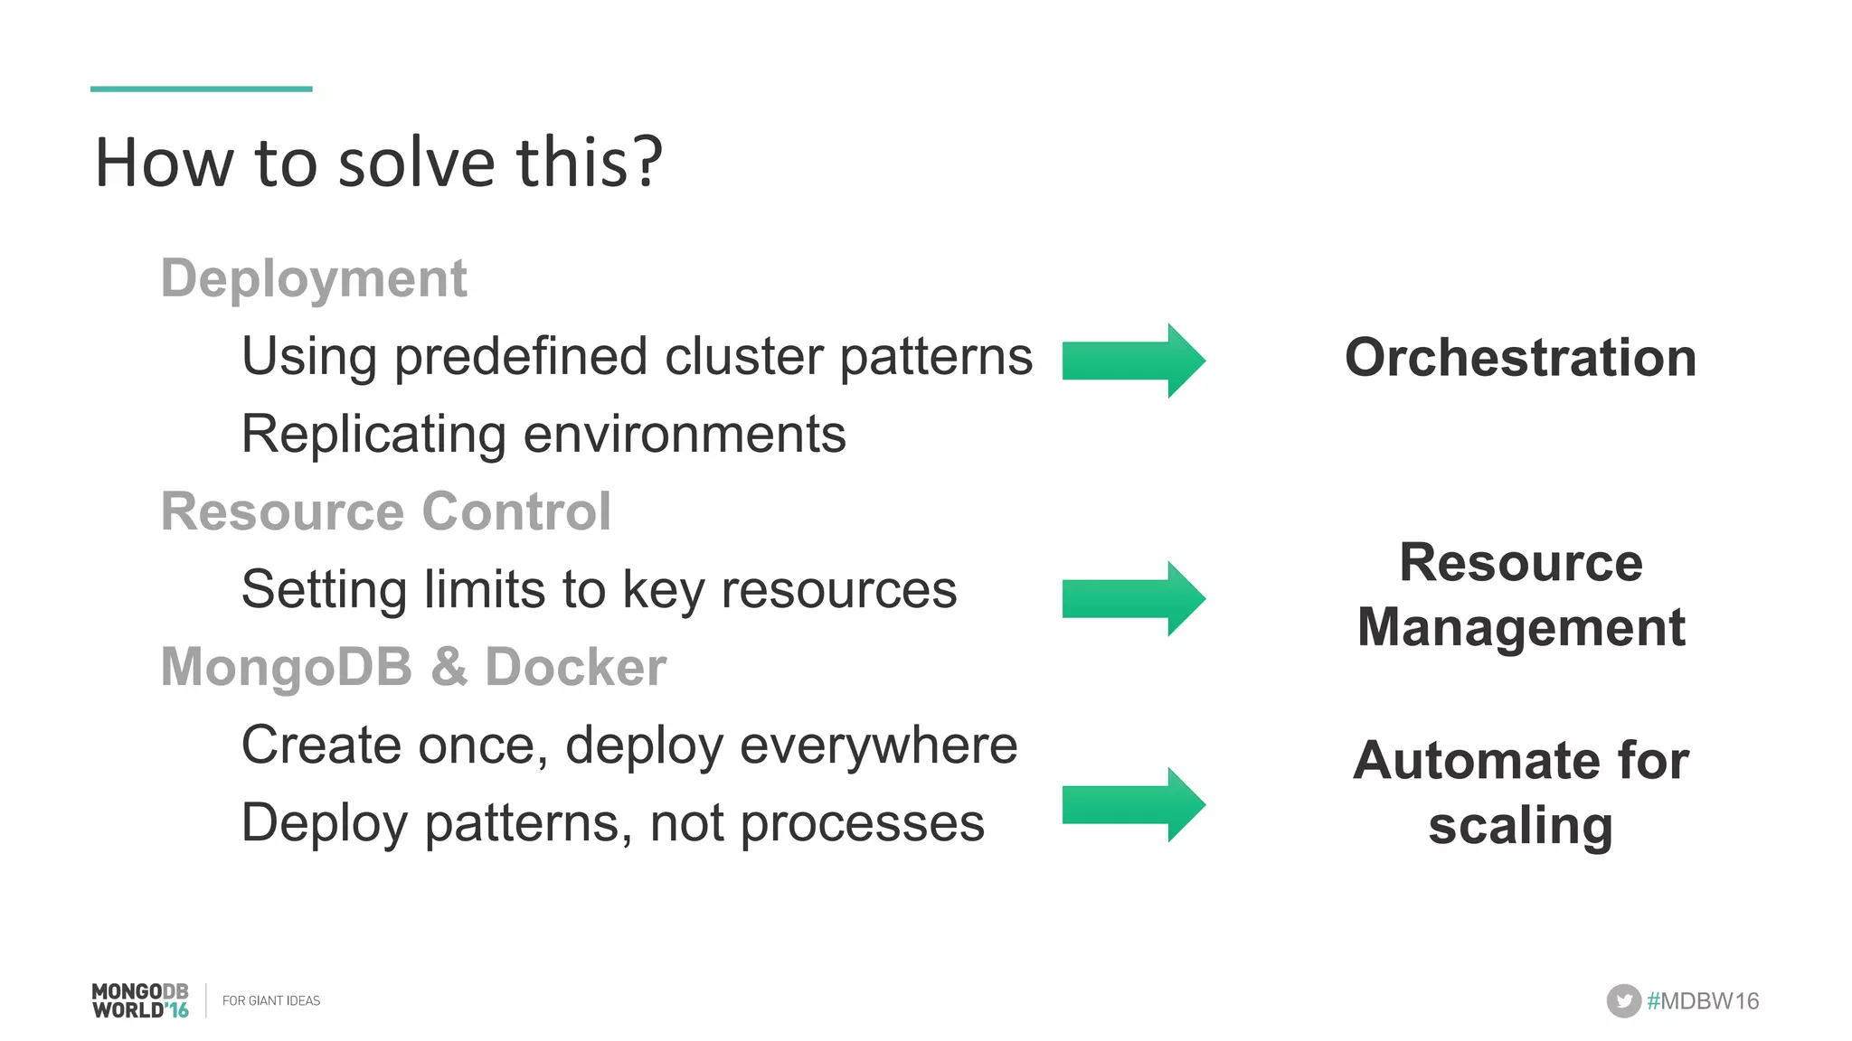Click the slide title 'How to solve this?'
coord(379,163)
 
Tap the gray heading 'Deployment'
coord(314,277)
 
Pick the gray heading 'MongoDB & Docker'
coord(413,667)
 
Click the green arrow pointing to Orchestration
coord(1133,360)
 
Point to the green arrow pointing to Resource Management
coord(1133,598)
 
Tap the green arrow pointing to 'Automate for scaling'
coord(1133,804)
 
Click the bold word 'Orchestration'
coord(1520,358)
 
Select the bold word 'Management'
coord(1521,627)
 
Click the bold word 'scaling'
coord(1520,826)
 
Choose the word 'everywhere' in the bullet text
coord(878,746)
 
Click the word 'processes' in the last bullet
coord(862,823)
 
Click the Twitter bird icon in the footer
coord(1623,1000)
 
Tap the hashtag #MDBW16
coord(1703,1000)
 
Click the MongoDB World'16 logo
coord(140,1000)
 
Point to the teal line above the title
coord(201,89)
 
